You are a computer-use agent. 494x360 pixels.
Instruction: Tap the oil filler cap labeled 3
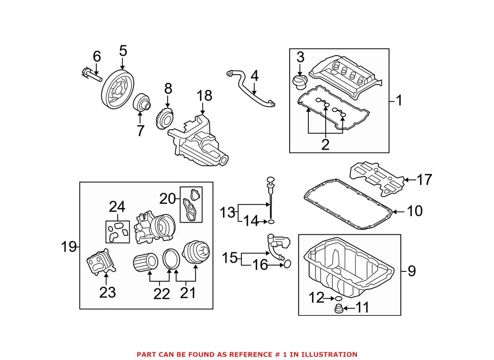299,82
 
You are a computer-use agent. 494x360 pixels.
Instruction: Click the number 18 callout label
204,96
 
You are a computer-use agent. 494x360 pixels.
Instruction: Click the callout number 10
414,211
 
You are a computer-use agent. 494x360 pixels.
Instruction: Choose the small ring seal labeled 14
271,222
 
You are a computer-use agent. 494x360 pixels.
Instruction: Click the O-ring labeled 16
287,264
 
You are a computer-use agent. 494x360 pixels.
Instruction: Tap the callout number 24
117,207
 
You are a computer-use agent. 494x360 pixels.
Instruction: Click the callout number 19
69,247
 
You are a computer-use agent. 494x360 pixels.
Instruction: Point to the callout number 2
325,145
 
